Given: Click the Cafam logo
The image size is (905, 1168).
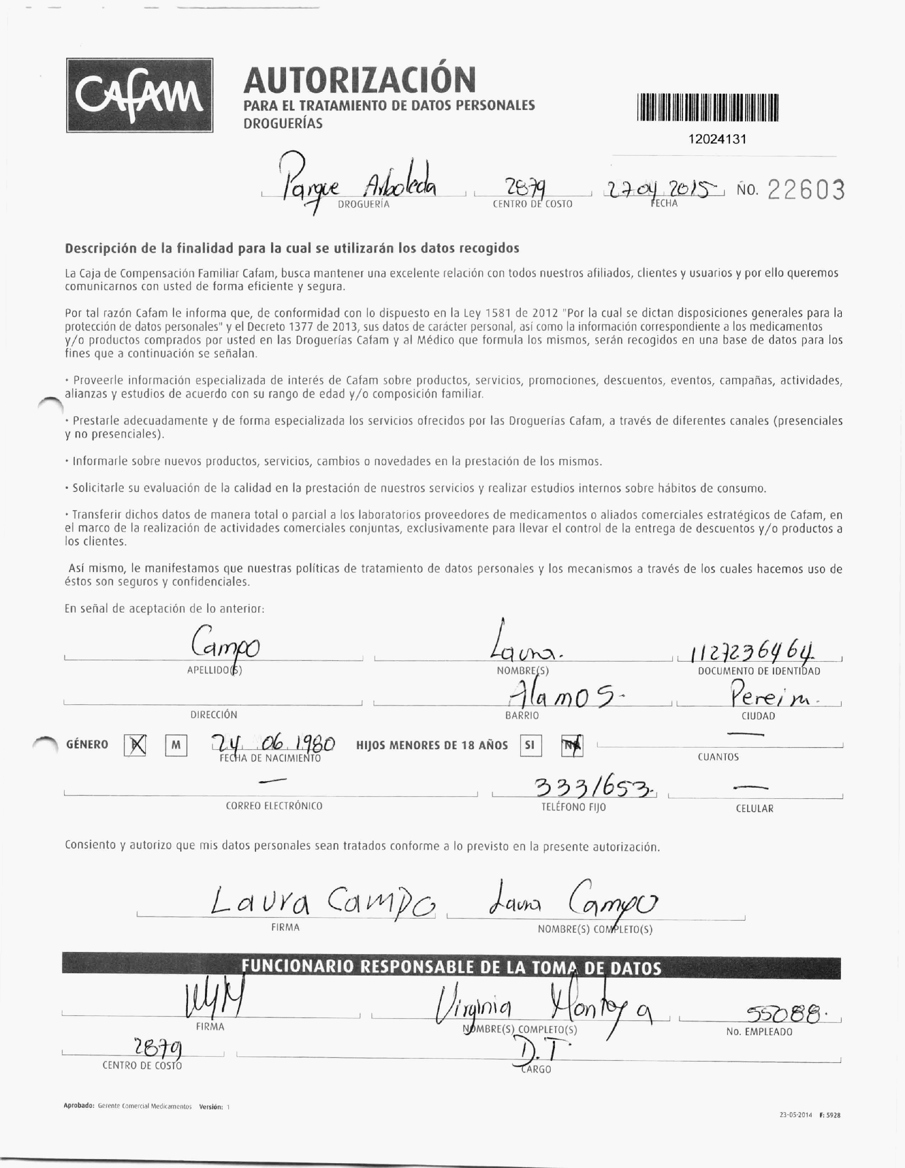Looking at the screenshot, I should point(140,95).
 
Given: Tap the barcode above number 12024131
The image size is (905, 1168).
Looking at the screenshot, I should point(708,108).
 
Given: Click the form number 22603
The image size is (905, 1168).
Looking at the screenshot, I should point(806,190).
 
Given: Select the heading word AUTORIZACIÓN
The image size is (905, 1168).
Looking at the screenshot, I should point(359,80).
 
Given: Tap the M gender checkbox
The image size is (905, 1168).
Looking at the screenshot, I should point(176,745).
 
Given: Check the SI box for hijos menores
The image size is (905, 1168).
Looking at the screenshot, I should point(530,745).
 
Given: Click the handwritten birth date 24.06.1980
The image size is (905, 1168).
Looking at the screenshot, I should point(273,743).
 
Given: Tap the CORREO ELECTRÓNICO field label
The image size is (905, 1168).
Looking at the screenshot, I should point(274,806).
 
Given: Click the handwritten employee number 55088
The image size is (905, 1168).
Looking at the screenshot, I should point(782,1013).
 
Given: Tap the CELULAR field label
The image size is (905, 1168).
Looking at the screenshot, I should point(754,809).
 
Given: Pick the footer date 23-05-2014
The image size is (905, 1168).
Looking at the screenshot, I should point(795,1115).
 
